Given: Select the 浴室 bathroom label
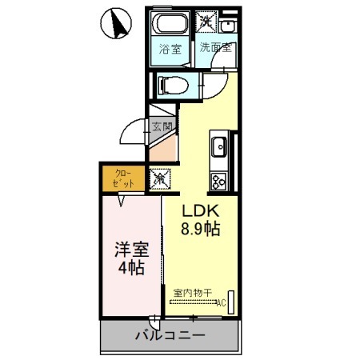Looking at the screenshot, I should click(x=170, y=49).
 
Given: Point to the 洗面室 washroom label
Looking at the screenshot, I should click(x=215, y=48).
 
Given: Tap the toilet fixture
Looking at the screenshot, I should click(x=172, y=83).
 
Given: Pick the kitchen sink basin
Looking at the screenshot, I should click(x=220, y=147).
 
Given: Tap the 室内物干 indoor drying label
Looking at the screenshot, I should click(x=190, y=292).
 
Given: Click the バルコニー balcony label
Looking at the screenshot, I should click(x=170, y=336).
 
